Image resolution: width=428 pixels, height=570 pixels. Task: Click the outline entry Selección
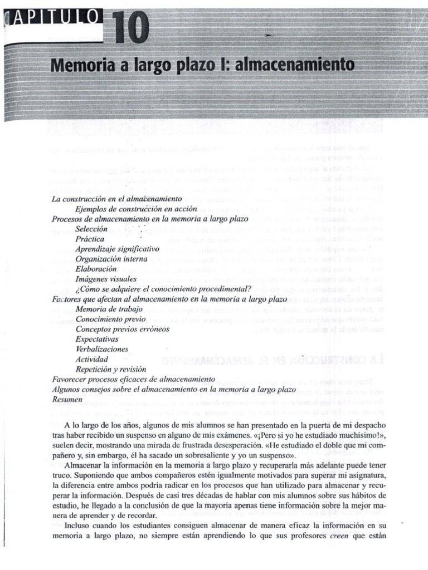click(x=91, y=228)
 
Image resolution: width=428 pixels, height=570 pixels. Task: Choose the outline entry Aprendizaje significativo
click(x=117, y=248)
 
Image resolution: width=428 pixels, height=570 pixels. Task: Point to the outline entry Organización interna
click(x=111, y=258)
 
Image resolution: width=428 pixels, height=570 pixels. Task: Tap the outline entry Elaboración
click(x=96, y=268)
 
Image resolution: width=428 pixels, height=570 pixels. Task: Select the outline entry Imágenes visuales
click(x=105, y=278)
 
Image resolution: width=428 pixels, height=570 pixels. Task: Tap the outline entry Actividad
click(x=91, y=358)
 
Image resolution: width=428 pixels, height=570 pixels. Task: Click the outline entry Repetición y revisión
click(x=110, y=368)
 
